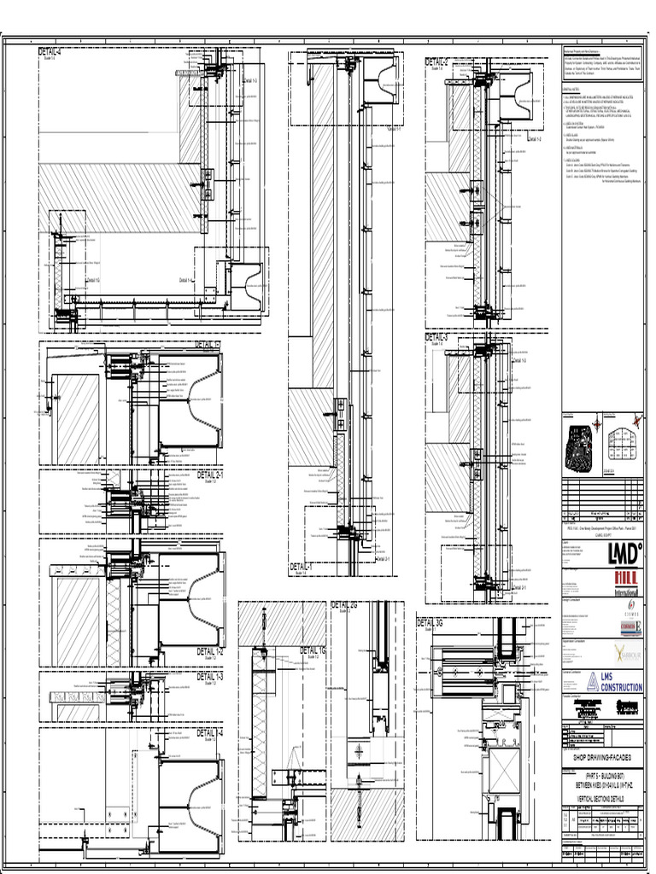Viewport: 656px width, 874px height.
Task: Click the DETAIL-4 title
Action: (x=50, y=53)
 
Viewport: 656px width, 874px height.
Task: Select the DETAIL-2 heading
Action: (x=437, y=61)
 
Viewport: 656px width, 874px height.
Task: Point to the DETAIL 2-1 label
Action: (x=209, y=475)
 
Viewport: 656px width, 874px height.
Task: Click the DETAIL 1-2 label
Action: (x=209, y=651)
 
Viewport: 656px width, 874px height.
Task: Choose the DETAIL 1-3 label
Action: (x=209, y=676)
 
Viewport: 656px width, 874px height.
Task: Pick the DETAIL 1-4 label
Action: (x=209, y=732)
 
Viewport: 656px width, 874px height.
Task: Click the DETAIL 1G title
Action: (x=313, y=651)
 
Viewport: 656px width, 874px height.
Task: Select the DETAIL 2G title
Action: (x=344, y=605)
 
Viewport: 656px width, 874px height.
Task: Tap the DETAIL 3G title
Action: (x=430, y=624)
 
